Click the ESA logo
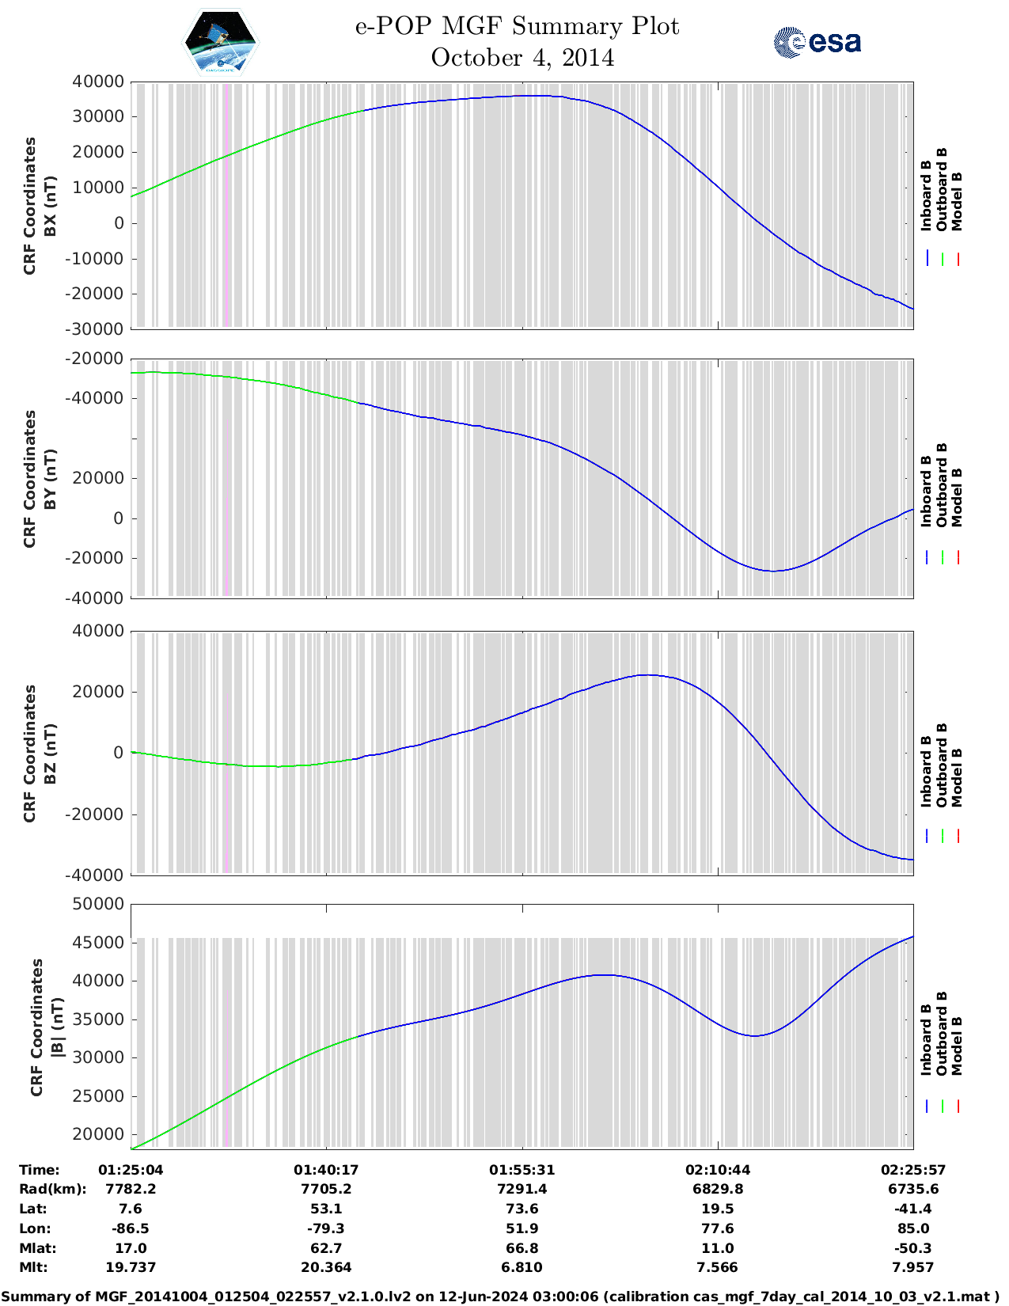tap(817, 42)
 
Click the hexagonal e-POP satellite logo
tap(220, 42)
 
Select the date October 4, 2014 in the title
tap(522, 58)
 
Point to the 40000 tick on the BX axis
tap(98, 82)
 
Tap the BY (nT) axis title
tap(50, 479)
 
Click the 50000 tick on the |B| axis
tap(98, 904)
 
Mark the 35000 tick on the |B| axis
tap(98, 1019)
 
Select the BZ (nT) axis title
tap(50, 754)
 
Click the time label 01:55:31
tap(522, 1170)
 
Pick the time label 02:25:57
tap(913, 1170)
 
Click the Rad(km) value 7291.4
tap(522, 1189)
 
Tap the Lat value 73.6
tap(522, 1209)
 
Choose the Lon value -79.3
tap(326, 1228)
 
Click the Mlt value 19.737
tap(131, 1267)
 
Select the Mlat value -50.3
tap(913, 1248)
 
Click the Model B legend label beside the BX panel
tap(957, 201)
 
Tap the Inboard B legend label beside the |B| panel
tap(926, 1039)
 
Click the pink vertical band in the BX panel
tap(227, 206)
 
